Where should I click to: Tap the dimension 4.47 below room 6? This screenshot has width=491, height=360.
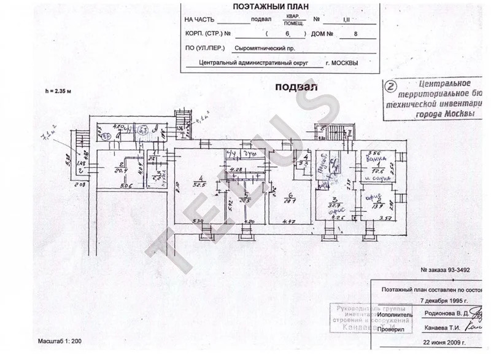point(279,221)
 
